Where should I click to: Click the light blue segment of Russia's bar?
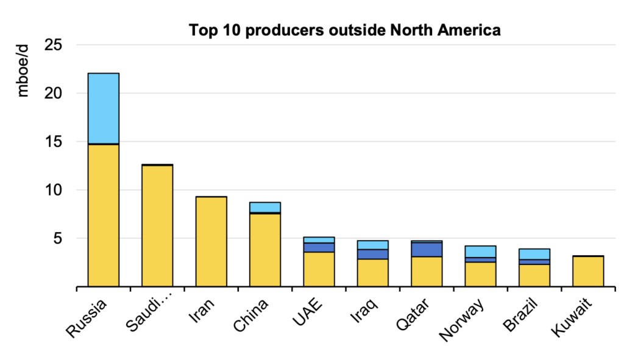(104, 108)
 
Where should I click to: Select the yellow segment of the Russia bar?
(104, 215)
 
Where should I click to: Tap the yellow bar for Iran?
(211, 241)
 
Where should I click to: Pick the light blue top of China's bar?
(265, 207)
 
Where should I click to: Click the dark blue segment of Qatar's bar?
(427, 249)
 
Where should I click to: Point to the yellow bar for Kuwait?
(588, 271)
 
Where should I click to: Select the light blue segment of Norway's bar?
(480, 252)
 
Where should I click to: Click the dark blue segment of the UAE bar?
(319, 247)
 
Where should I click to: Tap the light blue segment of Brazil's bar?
(534, 254)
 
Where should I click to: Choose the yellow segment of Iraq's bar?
(373, 272)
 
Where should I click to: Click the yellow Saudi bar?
(157, 226)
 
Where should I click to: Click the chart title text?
(344, 30)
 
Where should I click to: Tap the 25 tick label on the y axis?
(58, 45)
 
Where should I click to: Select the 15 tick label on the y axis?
(59, 142)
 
